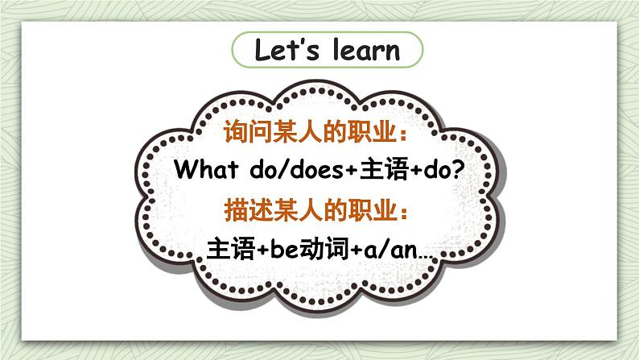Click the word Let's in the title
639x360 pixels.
point(287,50)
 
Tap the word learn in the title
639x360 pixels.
point(366,50)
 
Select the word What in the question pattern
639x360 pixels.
point(206,169)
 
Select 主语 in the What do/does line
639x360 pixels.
point(384,169)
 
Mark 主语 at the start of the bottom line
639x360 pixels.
point(231,249)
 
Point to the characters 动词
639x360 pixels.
point(324,249)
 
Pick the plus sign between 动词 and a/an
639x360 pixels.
point(357,250)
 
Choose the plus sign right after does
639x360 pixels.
point(352,170)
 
